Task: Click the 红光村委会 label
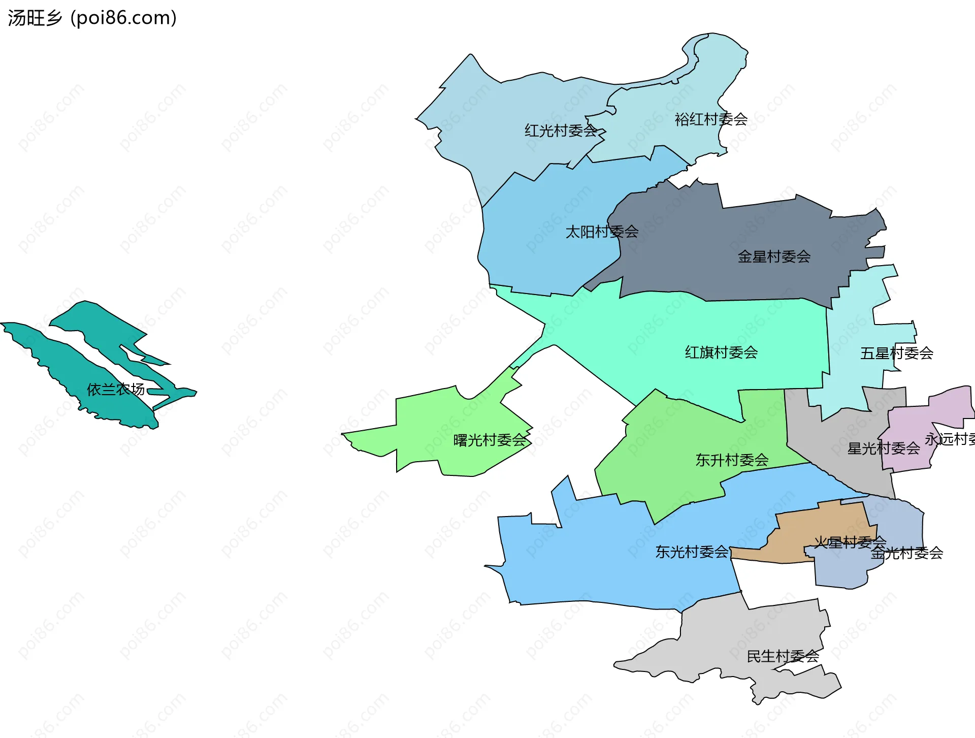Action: (x=561, y=131)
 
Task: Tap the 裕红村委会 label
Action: (x=711, y=119)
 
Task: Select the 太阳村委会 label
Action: (x=602, y=232)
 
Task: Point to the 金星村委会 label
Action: (x=774, y=256)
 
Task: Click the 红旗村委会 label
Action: (x=721, y=352)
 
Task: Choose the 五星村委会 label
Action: (x=896, y=354)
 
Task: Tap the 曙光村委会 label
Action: (x=490, y=440)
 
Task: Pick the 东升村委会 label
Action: (x=732, y=460)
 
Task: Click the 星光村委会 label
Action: (x=884, y=448)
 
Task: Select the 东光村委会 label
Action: (x=692, y=552)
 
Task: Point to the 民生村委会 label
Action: (x=783, y=657)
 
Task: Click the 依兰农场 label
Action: (x=116, y=390)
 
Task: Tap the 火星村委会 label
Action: (x=850, y=542)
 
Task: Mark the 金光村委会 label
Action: (x=907, y=553)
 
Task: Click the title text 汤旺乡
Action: (x=35, y=18)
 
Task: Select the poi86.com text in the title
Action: (x=124, y=18)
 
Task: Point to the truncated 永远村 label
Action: (x=949, y=439)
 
